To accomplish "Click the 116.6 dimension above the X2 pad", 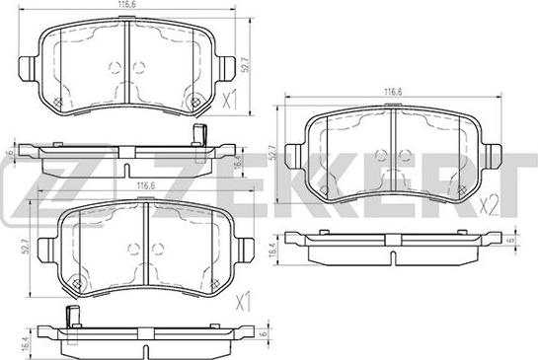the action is click(393, 92).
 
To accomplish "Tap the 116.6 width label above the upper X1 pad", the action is click(126, 5).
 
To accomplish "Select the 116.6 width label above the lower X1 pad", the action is click(146, 185).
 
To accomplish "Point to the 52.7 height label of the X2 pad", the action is click(272, 152).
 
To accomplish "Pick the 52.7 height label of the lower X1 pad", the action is click(25, 247).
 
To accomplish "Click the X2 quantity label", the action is click(490, 206).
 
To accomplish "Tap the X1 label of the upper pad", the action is click(230, 100).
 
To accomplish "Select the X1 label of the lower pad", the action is click(243, 302).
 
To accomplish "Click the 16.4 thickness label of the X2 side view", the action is click(273, 250).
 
